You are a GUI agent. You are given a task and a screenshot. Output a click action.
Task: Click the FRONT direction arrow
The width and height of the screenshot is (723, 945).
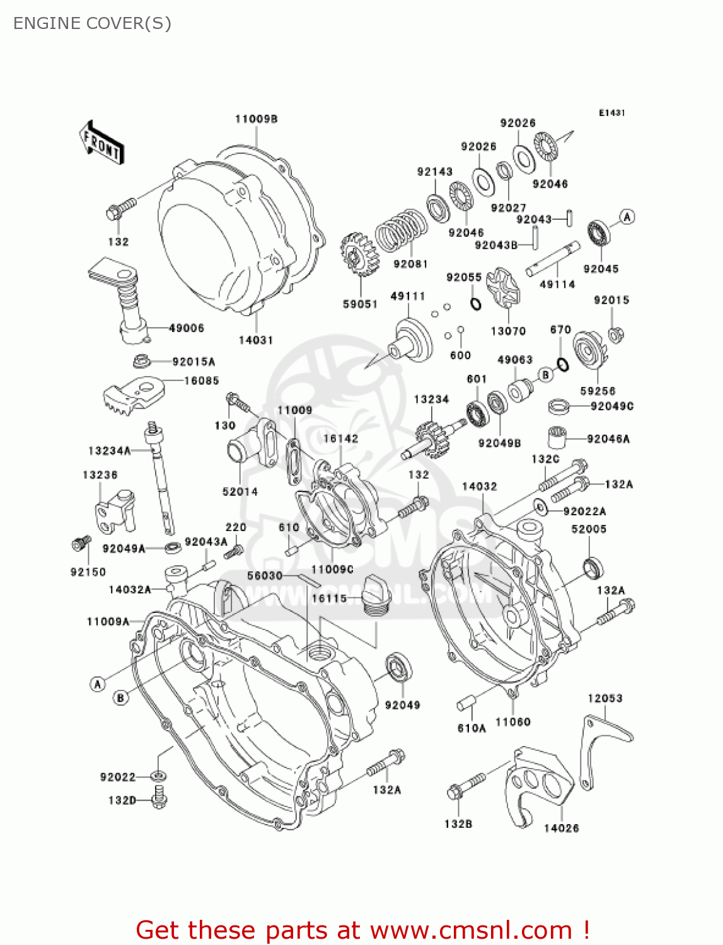(x=101, y=143)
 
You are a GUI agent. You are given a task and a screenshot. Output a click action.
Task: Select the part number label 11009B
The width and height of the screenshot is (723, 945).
(x=257, y=119)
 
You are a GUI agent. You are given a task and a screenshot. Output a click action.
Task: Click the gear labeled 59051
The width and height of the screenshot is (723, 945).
(x=359, y=255)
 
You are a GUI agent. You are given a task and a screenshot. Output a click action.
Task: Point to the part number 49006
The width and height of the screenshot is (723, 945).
(x=187, y=328)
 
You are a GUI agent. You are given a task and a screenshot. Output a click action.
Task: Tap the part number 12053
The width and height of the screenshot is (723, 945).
(x=604, y=698)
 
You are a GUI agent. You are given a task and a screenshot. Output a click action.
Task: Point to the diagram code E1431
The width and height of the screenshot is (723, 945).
(x=611, y=113)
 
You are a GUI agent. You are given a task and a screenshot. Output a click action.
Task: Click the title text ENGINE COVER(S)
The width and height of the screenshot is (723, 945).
(x=92, y=23)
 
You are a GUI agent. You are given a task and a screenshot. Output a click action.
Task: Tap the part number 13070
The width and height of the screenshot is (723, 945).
(x=508, y=331)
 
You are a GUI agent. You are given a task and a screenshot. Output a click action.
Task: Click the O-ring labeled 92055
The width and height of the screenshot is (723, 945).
(x=476, y=304)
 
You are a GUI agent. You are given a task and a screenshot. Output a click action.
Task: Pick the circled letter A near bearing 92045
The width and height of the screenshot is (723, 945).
(x=627, y=217)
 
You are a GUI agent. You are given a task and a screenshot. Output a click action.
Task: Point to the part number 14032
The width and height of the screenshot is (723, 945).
(x=479, y=486)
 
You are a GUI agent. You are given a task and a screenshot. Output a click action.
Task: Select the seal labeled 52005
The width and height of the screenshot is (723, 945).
(x=593, y=568)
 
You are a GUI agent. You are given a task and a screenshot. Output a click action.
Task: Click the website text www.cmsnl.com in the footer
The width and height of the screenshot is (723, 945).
(x=471, y=930)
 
